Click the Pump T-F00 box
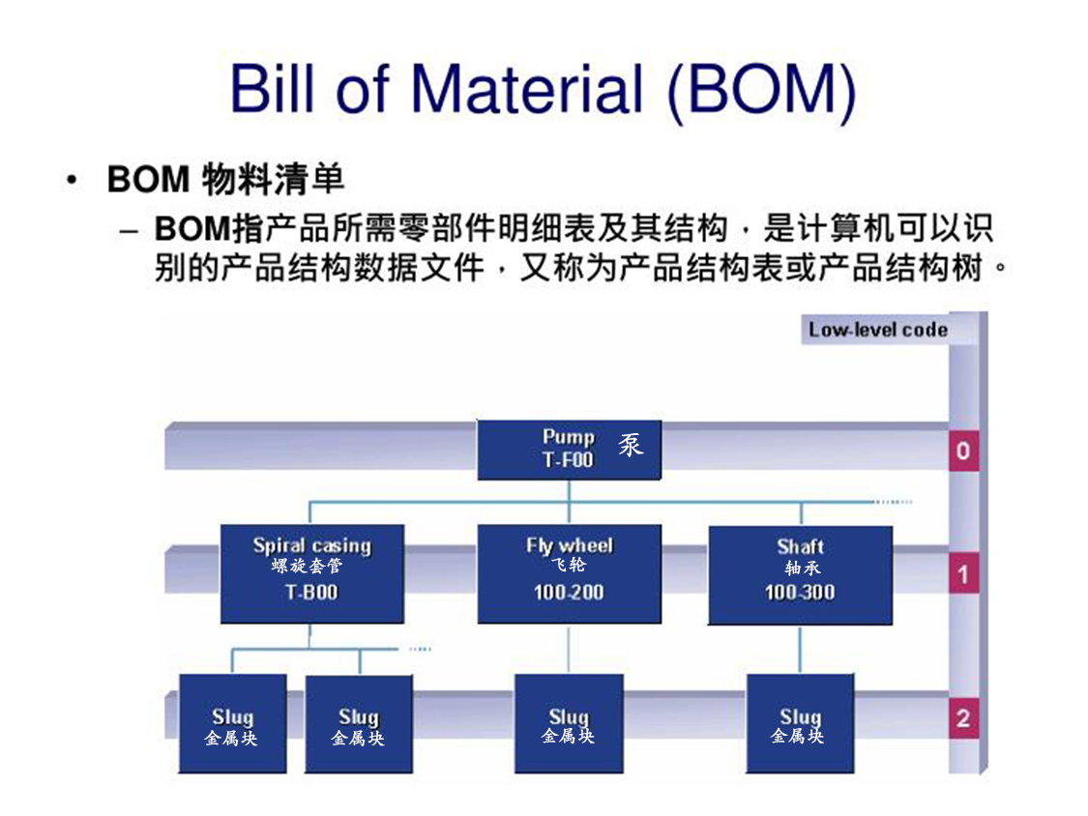(x=569, y=450)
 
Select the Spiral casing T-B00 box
(x=311, y=573)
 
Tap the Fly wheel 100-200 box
(x=569, y=573)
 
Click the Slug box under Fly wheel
(x=569, y=723)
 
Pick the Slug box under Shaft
(x=800, y=723)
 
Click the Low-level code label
(x=877, y=330)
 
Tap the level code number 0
(x=962, y=452)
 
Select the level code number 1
(x=962, y=576)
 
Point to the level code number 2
(x=962, y=719)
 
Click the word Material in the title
(x=527, y=89)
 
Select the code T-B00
(x=311, y=592)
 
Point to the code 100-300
(x=800, y=592)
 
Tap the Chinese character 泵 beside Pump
(x=631, y=446)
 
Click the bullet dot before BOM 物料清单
(x=71, y=181)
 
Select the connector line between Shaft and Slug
(x=800, y=649)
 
